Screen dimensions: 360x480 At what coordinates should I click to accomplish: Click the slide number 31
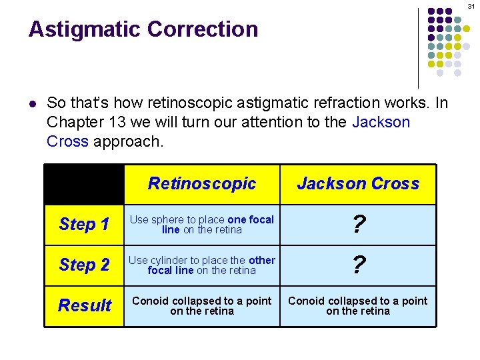pos(470,6)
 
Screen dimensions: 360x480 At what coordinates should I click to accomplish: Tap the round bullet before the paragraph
pos(32,104)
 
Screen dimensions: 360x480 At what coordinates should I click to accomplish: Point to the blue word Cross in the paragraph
pos(68,141)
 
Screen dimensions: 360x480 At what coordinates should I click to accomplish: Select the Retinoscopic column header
pos(201,183)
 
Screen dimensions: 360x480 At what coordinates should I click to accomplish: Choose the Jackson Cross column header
pos(358,183)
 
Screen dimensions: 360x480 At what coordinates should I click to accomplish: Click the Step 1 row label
pos(84,224)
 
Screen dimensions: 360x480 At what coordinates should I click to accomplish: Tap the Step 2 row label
pos(84,265)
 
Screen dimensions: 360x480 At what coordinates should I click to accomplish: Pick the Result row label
pos(84,305)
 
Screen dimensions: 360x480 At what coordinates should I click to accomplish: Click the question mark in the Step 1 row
pos(358,225)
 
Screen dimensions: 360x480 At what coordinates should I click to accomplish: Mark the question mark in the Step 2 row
pos(358,265)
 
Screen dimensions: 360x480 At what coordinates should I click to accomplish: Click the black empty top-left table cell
pos(84,184)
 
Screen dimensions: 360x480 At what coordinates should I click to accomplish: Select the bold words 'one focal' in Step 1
pos(251,219)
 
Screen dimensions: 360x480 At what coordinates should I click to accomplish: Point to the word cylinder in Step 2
pos(173,260)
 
